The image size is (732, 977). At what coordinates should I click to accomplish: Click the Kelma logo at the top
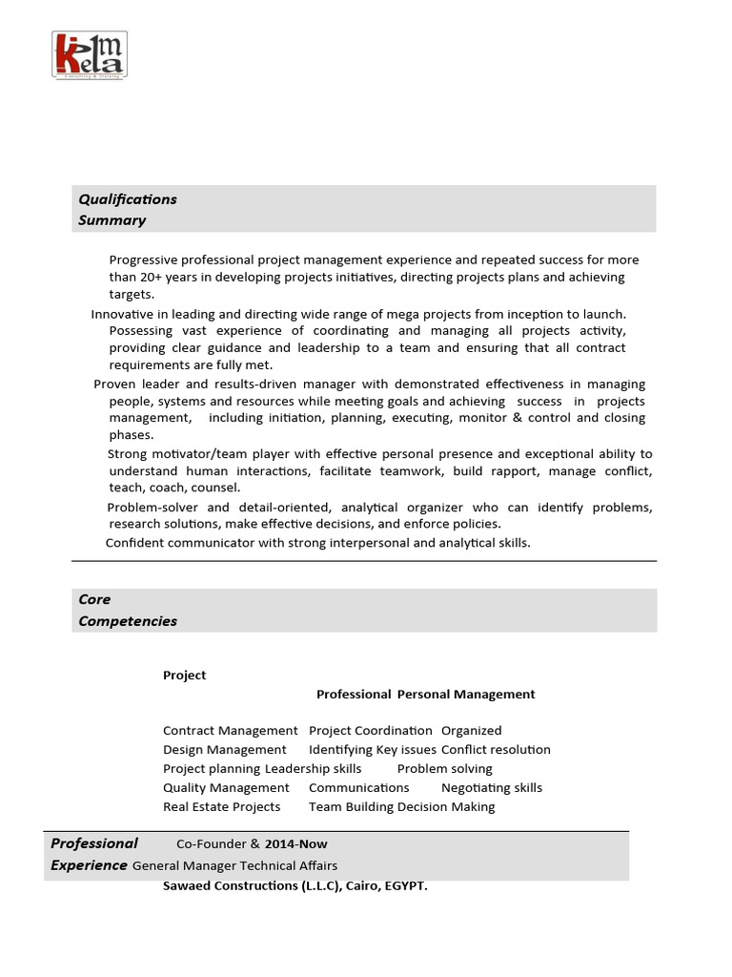(x=89, y=54)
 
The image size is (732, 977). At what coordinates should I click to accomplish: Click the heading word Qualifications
(x=128, y=199)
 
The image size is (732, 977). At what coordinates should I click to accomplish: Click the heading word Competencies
(x=128, y=621)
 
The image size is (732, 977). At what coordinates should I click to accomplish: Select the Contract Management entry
(x=230, y=731)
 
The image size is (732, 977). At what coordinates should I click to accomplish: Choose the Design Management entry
(x=224, y=750)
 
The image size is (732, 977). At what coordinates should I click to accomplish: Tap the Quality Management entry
(x=226, y=788)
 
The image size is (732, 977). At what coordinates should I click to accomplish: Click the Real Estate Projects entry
(x=221, y=807)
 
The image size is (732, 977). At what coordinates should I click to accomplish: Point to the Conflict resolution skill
(x=496, y=750)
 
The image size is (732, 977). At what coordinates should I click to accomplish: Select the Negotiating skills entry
(x=491, y=788)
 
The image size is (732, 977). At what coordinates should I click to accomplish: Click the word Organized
(x=471, y=731)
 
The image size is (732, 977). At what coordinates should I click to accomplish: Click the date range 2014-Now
(x=295, y=844)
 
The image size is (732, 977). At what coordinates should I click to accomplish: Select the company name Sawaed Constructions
(x=230, y=886)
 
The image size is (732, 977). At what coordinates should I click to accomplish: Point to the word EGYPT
(x=404, y=886)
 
